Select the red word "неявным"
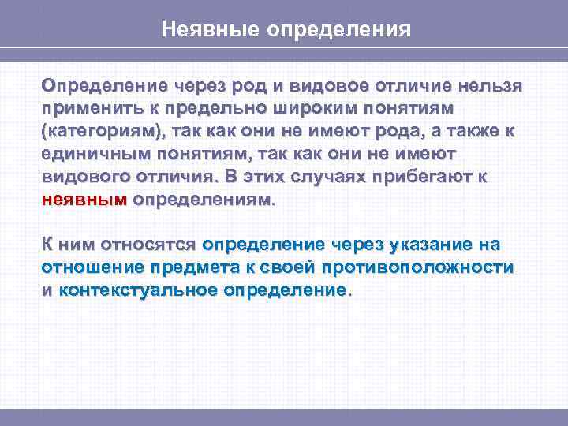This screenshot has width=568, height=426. [84, 200]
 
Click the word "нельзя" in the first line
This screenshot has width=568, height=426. [491, 84]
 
